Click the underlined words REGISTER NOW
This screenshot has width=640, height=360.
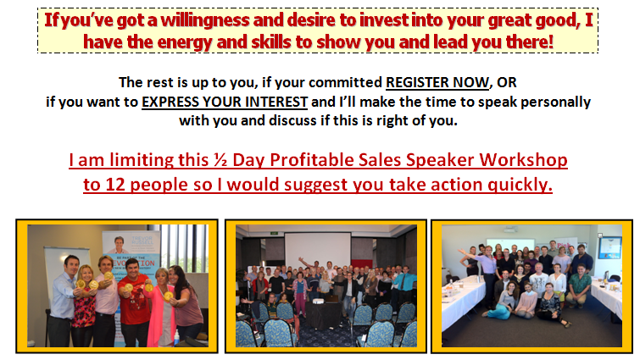(437, 82)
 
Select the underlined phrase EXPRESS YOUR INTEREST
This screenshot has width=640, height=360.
(225, 102)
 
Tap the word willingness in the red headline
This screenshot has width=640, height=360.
(205, 20)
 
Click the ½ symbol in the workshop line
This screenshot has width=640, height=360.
(220, 160)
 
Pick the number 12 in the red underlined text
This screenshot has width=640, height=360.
(115, 185)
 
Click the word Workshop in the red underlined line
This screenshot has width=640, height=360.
(523, 160)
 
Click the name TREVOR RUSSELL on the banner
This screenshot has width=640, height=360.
(142, 241)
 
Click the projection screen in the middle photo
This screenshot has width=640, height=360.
(318, 249)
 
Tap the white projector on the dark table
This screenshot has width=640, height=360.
(319, 302)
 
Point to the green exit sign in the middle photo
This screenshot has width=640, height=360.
(274, 234)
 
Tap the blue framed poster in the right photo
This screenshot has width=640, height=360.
(610, 247)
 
